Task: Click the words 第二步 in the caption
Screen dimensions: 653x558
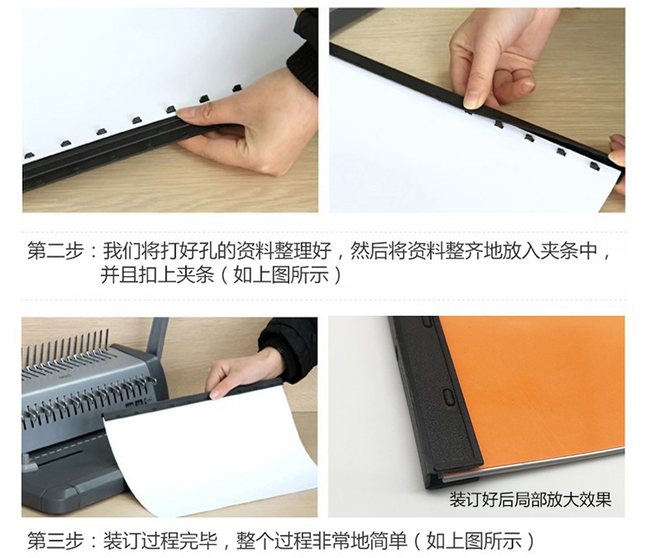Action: (56, 251)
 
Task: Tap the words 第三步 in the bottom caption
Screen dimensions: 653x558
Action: (56, 541)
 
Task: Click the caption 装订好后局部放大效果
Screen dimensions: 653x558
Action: (529, 500)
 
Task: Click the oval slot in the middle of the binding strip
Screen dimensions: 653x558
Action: (449, 397)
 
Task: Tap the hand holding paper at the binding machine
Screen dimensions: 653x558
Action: (241, 375)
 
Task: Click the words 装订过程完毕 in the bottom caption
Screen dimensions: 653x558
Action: (160, 541)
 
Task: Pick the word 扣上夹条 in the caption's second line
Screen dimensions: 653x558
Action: (176, 275)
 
